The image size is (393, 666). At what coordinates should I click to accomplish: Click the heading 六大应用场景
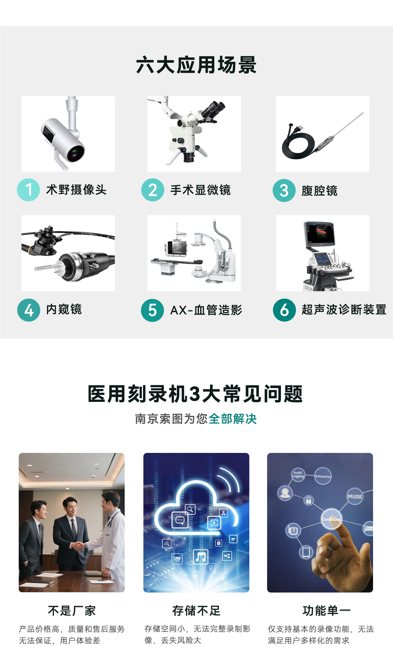click(196, 65)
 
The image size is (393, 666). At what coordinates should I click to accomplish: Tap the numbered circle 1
click(28, 190)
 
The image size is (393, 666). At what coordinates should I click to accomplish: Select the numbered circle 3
click(284, 190)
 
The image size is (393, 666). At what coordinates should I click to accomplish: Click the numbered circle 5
click(152, 310)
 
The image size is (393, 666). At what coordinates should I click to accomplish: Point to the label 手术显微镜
click(200, 190)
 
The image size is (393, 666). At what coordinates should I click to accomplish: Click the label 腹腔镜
click(319, 191)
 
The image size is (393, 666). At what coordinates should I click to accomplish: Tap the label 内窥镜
click(64, 309)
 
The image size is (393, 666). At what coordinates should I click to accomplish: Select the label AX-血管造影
click(206, 310)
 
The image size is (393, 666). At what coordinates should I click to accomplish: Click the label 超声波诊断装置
click(344, 310)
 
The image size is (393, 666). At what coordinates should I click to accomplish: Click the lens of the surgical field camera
click(75, 152)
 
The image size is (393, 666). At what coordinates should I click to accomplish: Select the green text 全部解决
click(233, 419)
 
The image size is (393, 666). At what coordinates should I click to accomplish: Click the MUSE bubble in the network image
click(355, 496)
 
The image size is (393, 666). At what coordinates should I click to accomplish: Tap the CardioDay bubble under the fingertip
click(331, 519)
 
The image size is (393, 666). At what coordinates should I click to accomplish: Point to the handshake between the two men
click(78, 546)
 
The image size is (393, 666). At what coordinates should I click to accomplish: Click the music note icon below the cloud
click(201, 556)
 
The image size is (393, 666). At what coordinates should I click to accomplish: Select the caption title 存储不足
click(196, 611)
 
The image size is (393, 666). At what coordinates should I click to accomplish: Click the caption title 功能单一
click(327, 611)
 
